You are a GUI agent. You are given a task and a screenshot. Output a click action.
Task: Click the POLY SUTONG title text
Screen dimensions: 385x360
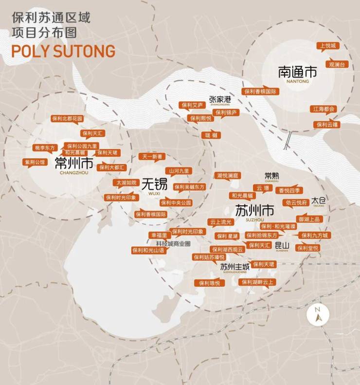63,51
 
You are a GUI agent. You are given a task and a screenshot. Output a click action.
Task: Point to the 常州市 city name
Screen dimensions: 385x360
74,162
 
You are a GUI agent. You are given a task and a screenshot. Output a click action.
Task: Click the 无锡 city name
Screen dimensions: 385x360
154,184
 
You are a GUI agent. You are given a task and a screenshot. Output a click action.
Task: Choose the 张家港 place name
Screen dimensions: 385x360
220,99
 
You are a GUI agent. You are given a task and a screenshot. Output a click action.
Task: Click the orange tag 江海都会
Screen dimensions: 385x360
324,109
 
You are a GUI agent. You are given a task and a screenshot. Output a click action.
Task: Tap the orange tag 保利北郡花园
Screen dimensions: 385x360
67,118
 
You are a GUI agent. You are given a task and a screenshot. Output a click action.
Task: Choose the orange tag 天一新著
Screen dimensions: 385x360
152,157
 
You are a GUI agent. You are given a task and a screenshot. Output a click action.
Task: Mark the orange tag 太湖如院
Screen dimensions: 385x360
126,183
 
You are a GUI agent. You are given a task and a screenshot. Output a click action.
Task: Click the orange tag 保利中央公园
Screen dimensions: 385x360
176,202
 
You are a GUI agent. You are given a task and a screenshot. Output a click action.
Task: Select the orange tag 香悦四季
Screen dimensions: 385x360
289,190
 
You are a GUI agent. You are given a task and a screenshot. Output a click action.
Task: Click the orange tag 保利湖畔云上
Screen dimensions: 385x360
257,282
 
